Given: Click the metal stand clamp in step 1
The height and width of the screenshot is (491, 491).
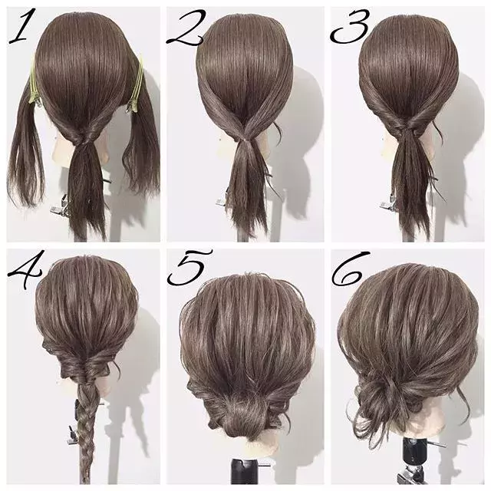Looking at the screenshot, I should [x=60, y=209].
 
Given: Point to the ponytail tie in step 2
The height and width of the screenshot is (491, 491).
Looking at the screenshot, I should [x=244, y=140].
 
